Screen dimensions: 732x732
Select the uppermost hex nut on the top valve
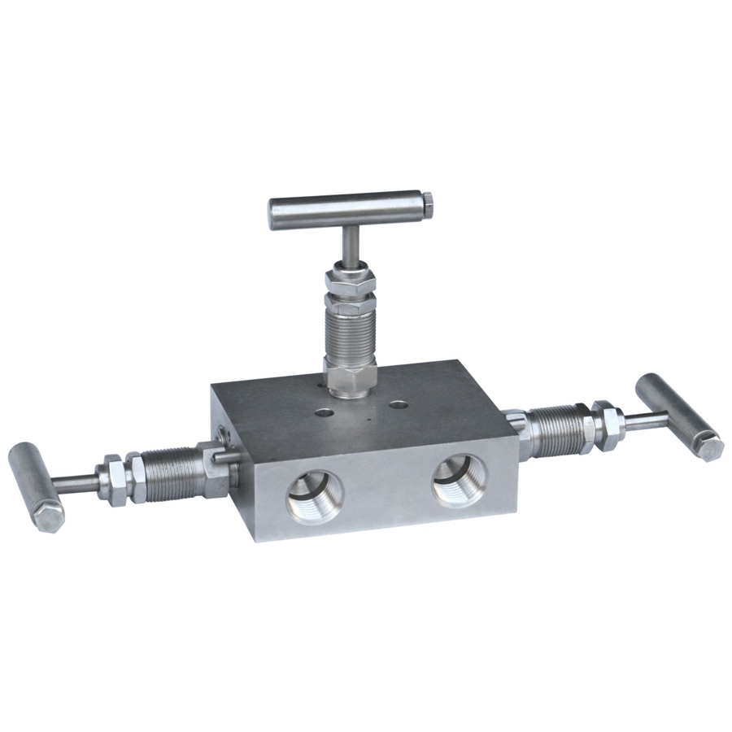click(x=349, y=281)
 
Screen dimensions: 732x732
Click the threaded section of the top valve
click(x=350, y=333)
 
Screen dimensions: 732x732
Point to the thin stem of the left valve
click(x=78, y=481)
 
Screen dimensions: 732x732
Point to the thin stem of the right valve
click(x=646, y=420)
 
